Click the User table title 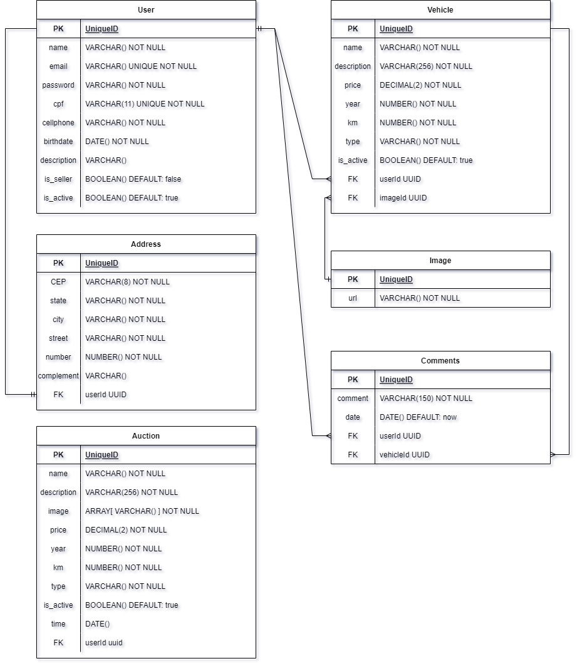[x=146, y=10]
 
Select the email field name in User [x=58, y=66]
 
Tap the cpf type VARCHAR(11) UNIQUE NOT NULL [x=145, y=104]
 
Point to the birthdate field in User [x=58, y=142]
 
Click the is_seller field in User [x=58, y=179]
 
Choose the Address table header [x=146, y=244]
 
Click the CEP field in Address [x=58, y=282]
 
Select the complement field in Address [x=58, y=376]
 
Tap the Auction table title [x=146, y=436]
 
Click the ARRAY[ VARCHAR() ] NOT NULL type [x=142, y=511]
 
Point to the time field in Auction [x=58, y=624]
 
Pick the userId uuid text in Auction [x=104, y=643]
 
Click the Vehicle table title [x=440, y=10]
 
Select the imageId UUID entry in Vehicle [x=403, y=198]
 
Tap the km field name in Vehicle [x=353, y=123]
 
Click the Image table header [x=440, y=261]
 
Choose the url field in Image [x=353, y=298]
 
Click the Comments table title [x=440, y=361]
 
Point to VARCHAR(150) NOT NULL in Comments [x=426, y=398]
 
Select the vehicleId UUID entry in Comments [x=405, y=455]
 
